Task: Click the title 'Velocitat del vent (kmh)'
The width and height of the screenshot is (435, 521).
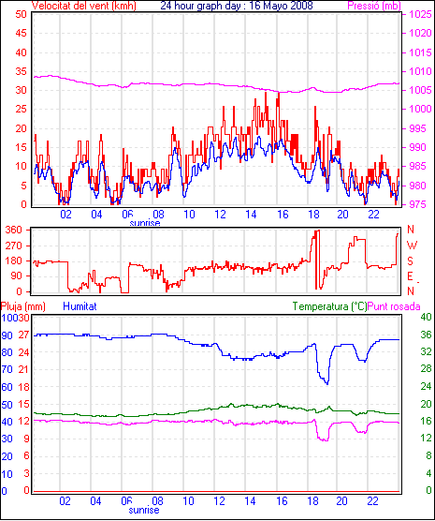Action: click(x=84, y=6)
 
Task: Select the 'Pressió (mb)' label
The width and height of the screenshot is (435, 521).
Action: click(x=374, y=6)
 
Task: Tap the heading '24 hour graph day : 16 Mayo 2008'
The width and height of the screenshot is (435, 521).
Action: click(x=237, y=6)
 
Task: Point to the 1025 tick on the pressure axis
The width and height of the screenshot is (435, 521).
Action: click(x=420, y=14)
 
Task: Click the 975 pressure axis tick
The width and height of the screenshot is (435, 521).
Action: click(x=420, y=204)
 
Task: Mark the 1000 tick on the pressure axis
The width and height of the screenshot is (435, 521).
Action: click(x=420, y=109)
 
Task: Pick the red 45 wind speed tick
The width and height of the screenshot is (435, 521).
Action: click(x=22, y=33)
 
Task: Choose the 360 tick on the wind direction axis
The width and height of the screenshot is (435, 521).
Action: click(x=14, y=230)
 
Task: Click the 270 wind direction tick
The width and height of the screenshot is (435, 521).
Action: click(x=14, y=246)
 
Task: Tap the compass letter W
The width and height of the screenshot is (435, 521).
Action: click(x=412, y=246)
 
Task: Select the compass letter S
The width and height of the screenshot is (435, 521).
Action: click(x=411, y=261)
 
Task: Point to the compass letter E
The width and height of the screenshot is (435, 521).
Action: click(x=411, y=276)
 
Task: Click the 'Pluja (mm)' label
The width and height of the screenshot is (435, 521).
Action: click(x=22, y=306)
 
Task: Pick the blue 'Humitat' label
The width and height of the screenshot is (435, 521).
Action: click(x=80, y=306)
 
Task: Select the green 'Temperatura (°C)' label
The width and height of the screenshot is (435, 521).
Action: click(x=330, y=306)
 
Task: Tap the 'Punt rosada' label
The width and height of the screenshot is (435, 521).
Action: click(x=394, y=306)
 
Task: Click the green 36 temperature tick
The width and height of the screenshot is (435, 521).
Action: click(x=426, y=335)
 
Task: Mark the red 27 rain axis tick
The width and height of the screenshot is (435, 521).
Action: click(x=24, y=335)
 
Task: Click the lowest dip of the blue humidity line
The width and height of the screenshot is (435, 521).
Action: click(x=327, y=384)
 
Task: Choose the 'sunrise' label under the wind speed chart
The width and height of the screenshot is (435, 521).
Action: click(x=145, y=223)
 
